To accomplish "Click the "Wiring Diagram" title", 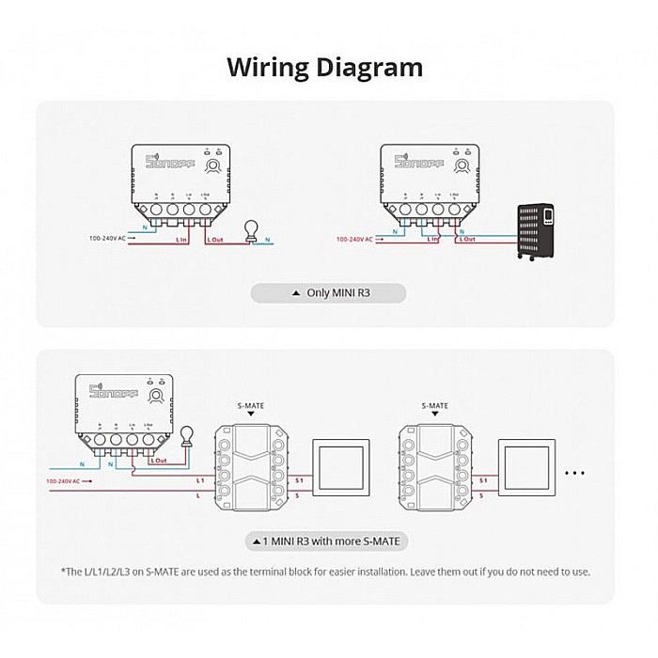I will pyautogui.click(x=325, y=68).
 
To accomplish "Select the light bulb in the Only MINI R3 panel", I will pyautogui.click(x=251, y=230).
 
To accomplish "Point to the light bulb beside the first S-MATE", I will pyautogui.click(x=187, y=435).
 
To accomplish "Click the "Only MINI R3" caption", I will pyautogui.click(x=329, y=293).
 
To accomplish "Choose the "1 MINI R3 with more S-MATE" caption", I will pyautogui.click(x=329, y=542).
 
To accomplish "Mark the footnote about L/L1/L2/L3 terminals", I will pyautogui.click(x=325, y=572).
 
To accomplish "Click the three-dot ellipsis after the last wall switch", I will pyautogui.click(x=575, y=474).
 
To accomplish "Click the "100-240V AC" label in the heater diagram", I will pyautogui.click(x=354, y=239).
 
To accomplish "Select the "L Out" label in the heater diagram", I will pyautogui.click(x=466, y=239).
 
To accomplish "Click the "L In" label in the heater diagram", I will pyautogui.click(x=432, y=239).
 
